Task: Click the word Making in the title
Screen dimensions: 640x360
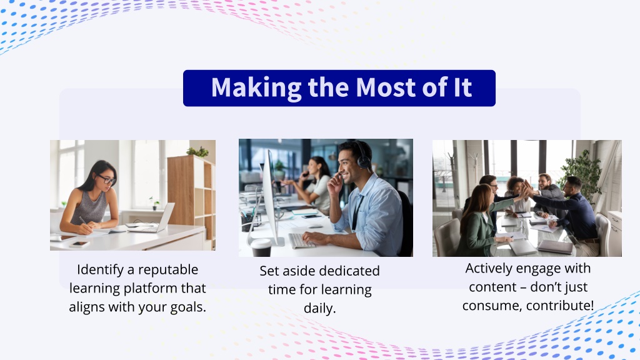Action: point(256,87)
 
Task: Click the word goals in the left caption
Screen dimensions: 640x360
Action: point(187,307)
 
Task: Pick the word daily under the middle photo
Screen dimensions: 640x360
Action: point(319,309)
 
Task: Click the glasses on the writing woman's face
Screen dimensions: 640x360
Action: point(106,179)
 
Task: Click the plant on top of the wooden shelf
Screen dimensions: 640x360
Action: point(198,152)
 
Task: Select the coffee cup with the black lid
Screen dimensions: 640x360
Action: point(261,247)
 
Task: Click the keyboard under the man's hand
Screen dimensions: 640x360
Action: point(301,240)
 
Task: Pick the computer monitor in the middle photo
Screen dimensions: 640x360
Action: point(271,196)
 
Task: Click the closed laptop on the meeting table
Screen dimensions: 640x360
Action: point(555,246)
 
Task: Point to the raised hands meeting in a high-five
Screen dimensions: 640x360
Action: point(527,189)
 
